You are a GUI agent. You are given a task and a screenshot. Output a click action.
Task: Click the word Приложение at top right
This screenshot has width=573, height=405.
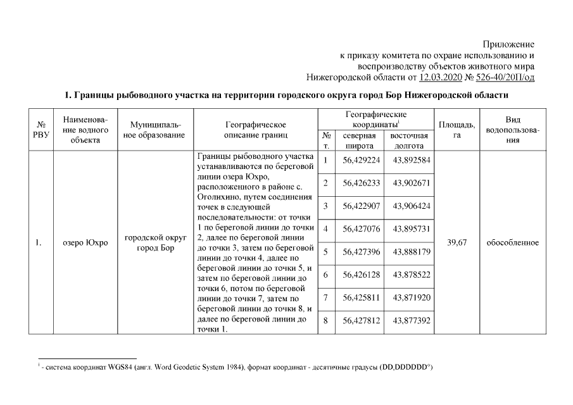(x=508, y=44)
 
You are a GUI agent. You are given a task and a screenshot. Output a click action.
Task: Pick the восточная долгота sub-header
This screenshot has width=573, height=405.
(x=409, y=140)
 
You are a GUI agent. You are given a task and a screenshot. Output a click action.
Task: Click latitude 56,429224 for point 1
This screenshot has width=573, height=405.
(x=361, y=160)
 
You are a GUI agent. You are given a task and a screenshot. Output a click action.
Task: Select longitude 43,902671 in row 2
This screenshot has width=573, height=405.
(x=411, y=183)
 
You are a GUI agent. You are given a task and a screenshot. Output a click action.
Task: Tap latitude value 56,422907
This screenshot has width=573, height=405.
(x=361, y=206)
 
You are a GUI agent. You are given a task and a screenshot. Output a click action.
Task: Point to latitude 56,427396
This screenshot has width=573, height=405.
(x=361, y=252)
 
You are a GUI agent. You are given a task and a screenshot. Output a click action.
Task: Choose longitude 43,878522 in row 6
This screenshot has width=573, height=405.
(x=411, y=275)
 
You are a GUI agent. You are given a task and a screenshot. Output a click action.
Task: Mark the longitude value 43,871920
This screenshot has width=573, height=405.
(x=411, y=297)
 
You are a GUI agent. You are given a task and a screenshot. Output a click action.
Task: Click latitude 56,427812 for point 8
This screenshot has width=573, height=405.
(x=361, y=321)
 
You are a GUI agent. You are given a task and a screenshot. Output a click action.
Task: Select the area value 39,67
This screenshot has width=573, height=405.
(x=457, y=242)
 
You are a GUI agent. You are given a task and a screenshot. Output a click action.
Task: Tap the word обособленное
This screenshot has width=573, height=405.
(x=513, y=242)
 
